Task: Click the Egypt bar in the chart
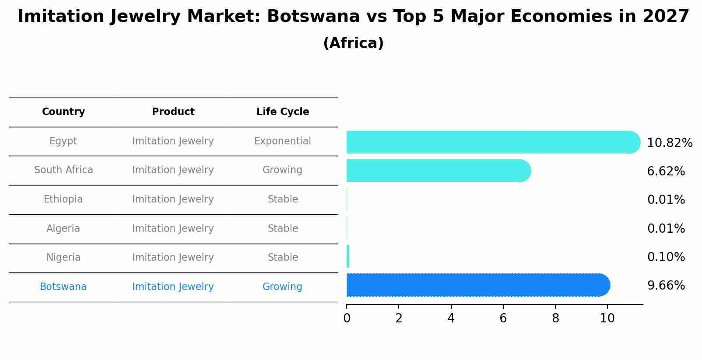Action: click(x=490, y=142)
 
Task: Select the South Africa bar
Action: click(x=438, y=171)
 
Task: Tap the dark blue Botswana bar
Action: click(x=477, y=285)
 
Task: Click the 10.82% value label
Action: click(x=670, y=143)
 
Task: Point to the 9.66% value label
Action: click(x=666, y=286)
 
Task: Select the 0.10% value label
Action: click(x=666, y=257)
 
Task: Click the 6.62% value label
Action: click(x=666, y=171)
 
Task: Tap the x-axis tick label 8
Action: click(x=555, y=318)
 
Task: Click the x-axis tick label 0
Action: click(x=347, y=318)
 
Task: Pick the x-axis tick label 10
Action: click(x=607, y=318)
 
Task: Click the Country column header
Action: click(x=63, y=112)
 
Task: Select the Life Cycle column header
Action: click(x=283, y=112)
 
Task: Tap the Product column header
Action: click(x=173, y=112)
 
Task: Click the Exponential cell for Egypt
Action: click(x=282, y=141)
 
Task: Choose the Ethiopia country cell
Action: click(x=63, y=199)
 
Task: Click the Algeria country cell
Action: click(x=63, y=229)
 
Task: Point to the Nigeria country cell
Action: click(x=63, y=258)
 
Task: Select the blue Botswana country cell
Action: click(x=63, y=287)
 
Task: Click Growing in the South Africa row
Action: click(x=282, y=170)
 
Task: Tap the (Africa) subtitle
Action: click(x=353, y=43)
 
